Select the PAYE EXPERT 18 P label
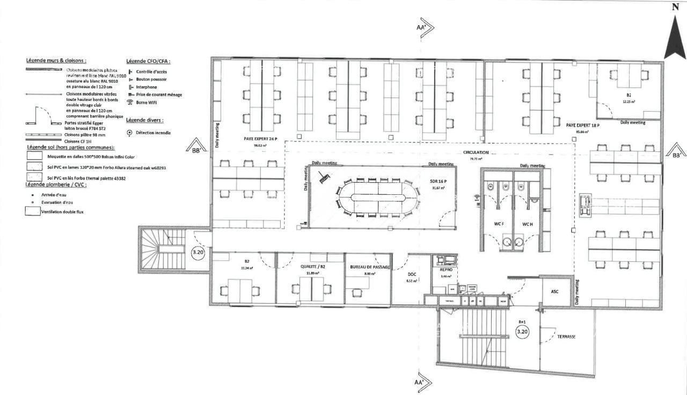[x=582, y=125]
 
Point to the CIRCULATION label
[x=476, y=152]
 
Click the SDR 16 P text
[x=439, y=181]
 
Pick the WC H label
[x=527, y=223]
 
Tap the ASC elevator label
[x=554, y=291]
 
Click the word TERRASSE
[x=566, y=337]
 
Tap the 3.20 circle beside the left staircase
[x=198, y=251]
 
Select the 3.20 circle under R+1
[x=522, y=332]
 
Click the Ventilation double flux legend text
[x=65, y=211]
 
